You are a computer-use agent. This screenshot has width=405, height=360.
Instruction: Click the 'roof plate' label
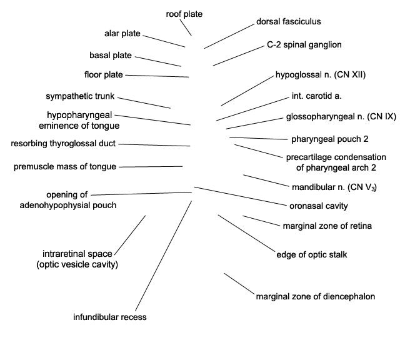pyautogui.click(x=184, y=14)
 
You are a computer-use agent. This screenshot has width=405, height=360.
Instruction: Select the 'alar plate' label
pyautogui.click(x=122, y=34)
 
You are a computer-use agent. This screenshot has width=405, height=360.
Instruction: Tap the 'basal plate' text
pyautogui.click(x=111, y=55)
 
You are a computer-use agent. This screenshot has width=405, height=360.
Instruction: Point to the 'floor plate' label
pyautogui.click(x=104, y=75)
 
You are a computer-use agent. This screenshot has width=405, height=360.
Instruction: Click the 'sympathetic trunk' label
pyautogui.click(x=80, y=96)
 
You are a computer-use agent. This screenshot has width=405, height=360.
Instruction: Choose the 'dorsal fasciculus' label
pyautogui.click(x=289, y=22)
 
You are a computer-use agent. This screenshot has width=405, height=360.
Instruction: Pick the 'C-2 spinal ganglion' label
pyautogui.click(x=304, y=45)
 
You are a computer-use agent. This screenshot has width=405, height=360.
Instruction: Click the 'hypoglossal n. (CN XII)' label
pyautogui.click(x=321, y=75)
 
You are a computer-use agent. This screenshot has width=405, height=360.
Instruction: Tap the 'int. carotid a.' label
pyautogui.click(x=317, y=96)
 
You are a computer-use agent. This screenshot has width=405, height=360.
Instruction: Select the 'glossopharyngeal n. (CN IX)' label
pyautogui.click(x=341, y=117)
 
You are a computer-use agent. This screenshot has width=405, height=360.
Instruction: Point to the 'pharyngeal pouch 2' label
pyautogui.click(x=330, y=139)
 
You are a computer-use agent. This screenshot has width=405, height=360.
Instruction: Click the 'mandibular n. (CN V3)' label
pyautogui.click(x=334, y=187)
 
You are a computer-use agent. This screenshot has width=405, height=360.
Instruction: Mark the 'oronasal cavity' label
pyautogui.click(x=319, y=206)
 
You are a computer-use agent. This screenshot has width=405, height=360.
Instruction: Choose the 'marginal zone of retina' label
pyautogui.click(x=327, y=226)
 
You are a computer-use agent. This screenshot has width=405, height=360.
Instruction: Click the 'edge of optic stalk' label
pyautogui.click(x=312, y=255)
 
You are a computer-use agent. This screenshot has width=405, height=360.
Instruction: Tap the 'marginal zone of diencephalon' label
pyautogui.click(x=316, y=297)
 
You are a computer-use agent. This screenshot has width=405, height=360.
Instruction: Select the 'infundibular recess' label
pyautogui.click(x=110, y=317)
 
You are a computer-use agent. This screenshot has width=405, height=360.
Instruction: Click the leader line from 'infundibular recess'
pyautogui.click(x=164, y=256)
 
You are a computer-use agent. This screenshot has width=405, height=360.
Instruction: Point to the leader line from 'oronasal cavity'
pyautogui.click(x=241, y=196)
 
